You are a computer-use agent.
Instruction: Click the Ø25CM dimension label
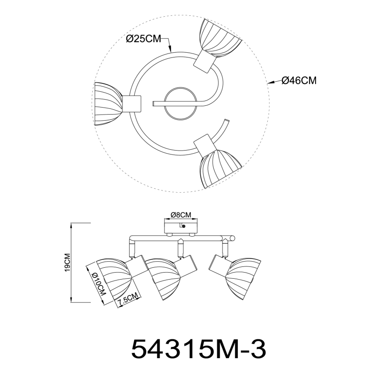(143, 39)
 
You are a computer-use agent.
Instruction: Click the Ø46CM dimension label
(299, 80)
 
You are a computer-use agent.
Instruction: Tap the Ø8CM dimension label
(180, 215)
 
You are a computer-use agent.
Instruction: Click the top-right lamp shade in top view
(219, 39)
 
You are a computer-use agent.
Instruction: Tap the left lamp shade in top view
(107, 104)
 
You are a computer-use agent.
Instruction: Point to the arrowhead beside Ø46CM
(270, 82)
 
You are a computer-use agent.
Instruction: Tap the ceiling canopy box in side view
(180, 227)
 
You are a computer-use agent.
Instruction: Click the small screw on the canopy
(183, 226)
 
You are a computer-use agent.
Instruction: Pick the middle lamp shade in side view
(163, 276)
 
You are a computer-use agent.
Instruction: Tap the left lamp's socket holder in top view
(132, 104)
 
